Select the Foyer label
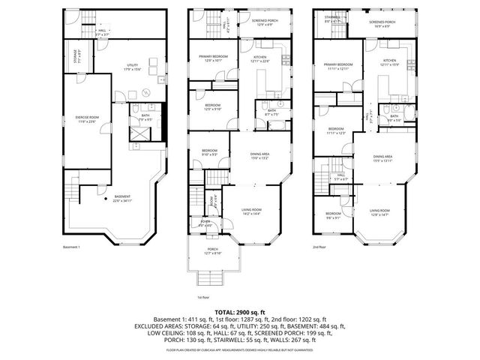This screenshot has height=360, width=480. [204, 223]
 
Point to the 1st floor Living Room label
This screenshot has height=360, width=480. [250, 212]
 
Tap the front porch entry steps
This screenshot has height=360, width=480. [214, 279]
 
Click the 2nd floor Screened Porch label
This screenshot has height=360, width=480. [382, 23]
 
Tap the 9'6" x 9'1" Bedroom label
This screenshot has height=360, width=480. [334, 215]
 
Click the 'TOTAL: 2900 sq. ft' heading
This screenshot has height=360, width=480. [239, 310]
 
